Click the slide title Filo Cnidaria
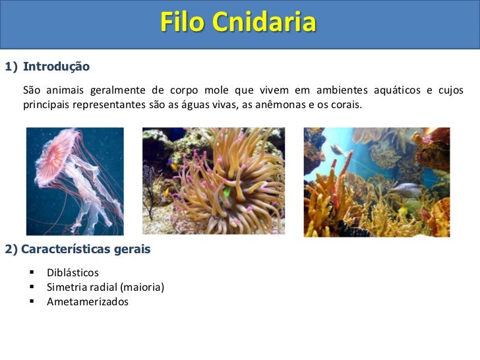pos(238,23)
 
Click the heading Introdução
pos(56,67)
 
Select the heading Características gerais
pos(86,249)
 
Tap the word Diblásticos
pos(73,272)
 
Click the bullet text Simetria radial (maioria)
pos(105,287)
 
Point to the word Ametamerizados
pos(88,301)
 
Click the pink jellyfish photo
pos(75,181)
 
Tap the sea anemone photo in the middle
pos(214,181)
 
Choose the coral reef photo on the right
pos(376,182)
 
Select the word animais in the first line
pos(65,90)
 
